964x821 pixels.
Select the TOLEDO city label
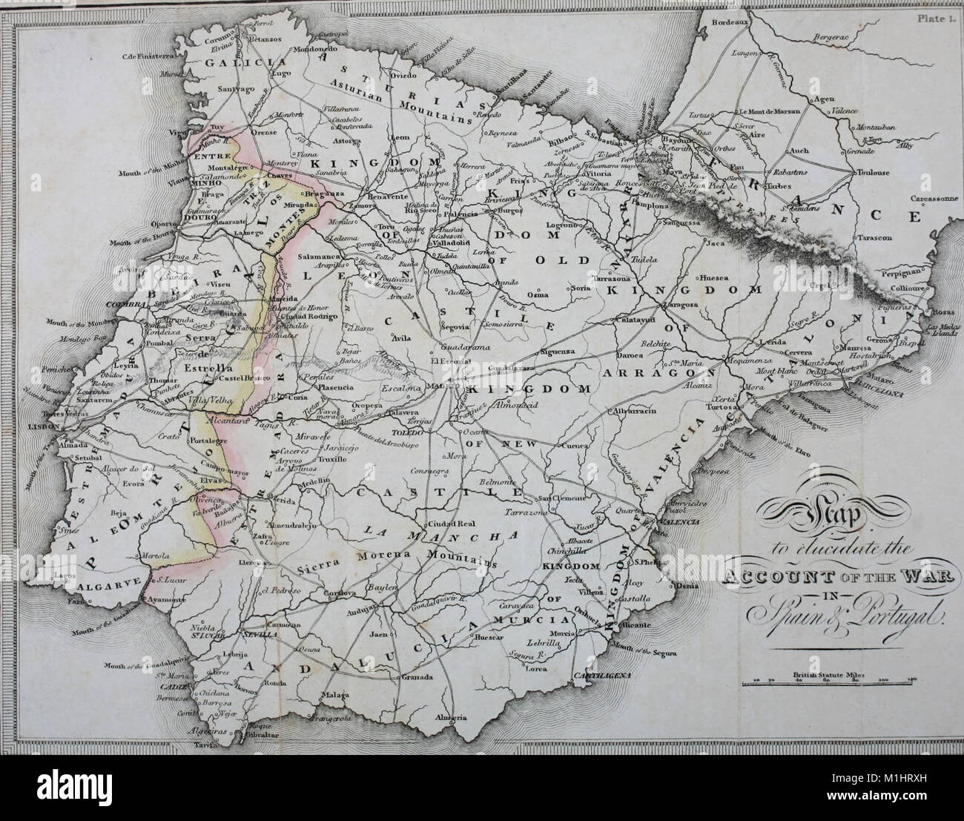pos(402,429)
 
